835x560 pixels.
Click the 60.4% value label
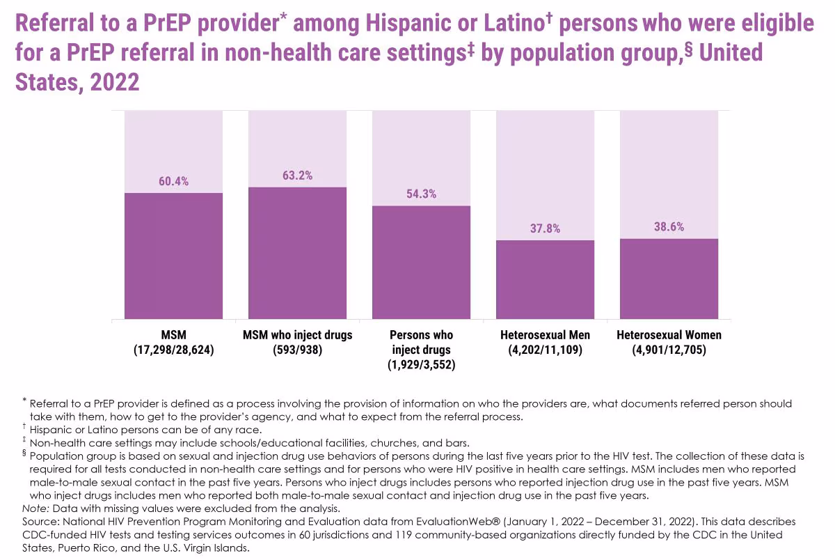(173, 182)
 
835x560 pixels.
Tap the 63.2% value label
(297, 176)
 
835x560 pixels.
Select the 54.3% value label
(421, 194)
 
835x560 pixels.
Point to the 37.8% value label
(545, 228)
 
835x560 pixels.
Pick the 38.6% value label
(669, 227)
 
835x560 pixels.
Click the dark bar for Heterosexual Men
(545, 279)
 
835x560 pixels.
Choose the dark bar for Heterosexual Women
(669, 279)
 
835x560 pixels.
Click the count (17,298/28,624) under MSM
(173, 350)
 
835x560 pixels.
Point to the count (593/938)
(297, 350)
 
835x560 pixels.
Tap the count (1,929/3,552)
(421, 365)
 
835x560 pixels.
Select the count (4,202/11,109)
(545, 350)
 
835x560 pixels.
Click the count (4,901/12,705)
(669, 350)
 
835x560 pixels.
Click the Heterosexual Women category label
(669, 335)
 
